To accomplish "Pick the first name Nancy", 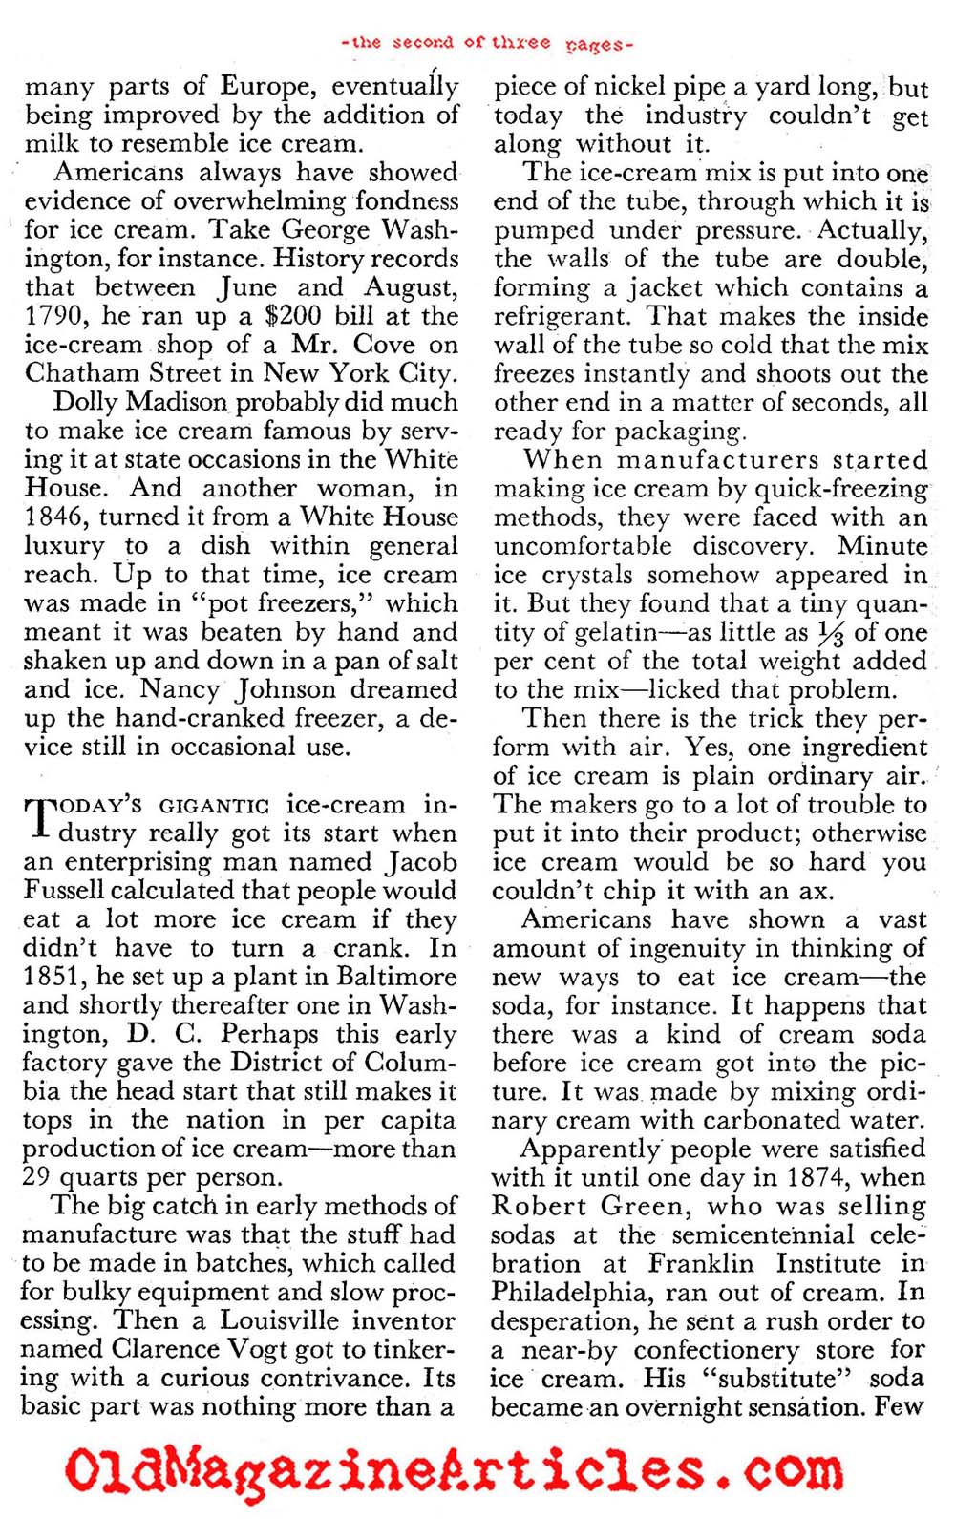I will coord(182,689).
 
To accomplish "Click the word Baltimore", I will coord(396,978).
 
